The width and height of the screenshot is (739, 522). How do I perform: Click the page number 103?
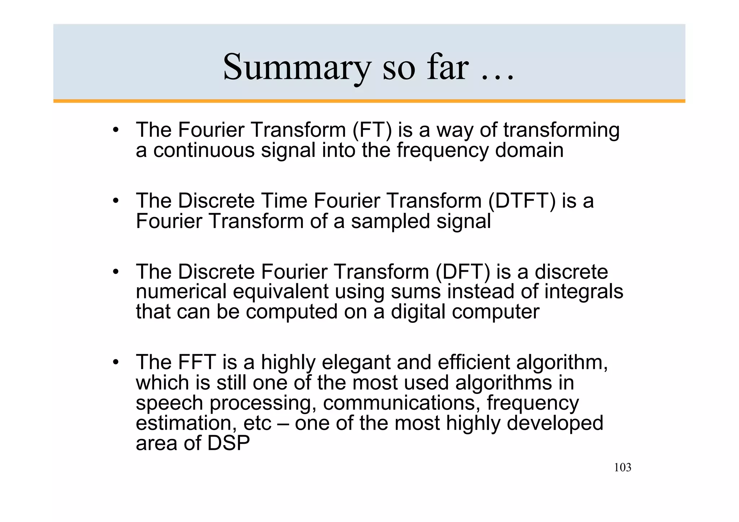click(622, 468)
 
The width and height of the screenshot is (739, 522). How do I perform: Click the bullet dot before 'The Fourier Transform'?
click(115, 130)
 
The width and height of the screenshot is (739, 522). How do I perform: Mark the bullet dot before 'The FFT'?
click(115, 362)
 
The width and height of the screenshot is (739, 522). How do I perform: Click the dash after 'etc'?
click(283, 424)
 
